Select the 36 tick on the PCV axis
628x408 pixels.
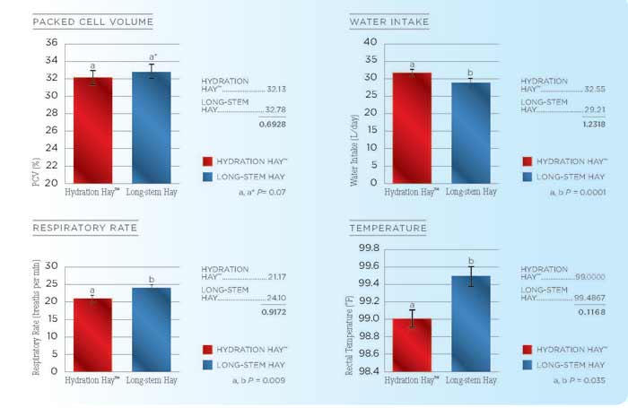[x=51, y=43]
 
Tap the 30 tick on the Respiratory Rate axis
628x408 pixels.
[x=51, y=266]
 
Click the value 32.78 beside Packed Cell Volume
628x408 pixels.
[x=281, y=109]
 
